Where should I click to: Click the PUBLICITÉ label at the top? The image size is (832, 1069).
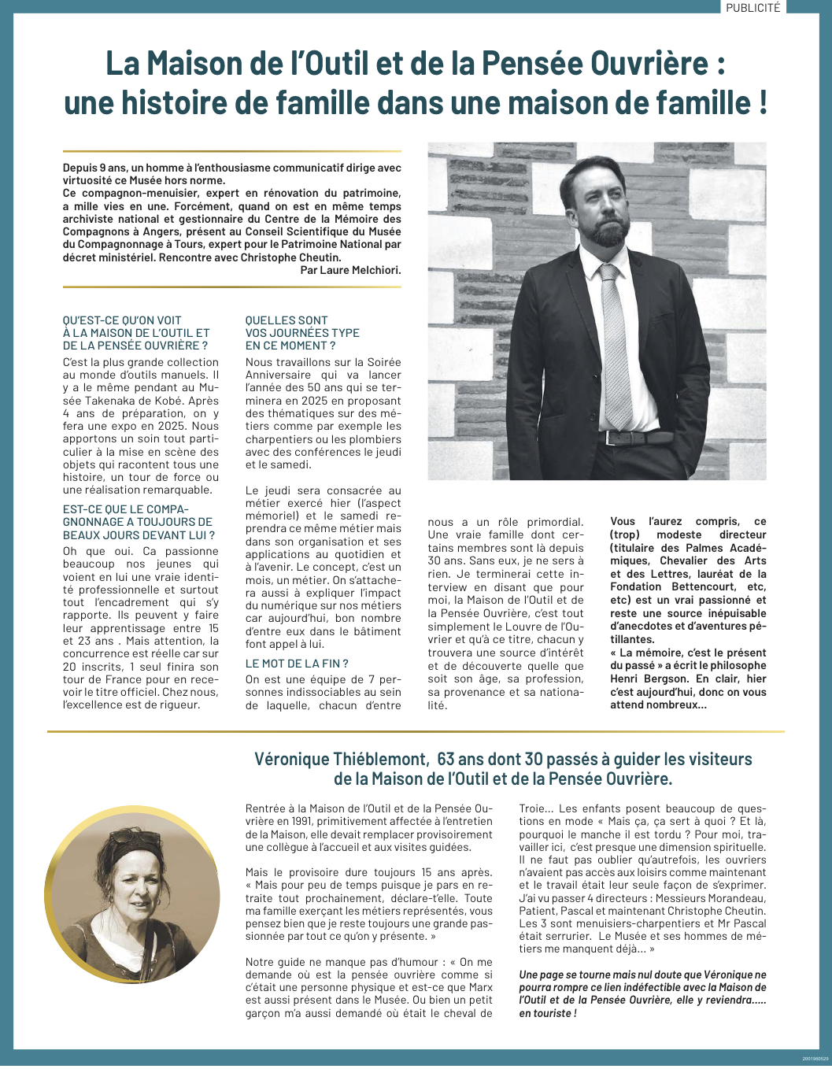coord(752,7)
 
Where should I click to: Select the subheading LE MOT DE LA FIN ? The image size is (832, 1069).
coord(297,664)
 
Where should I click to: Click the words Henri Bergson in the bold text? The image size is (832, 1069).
coord(647,679)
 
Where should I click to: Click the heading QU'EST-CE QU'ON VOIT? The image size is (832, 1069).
coord(122,320)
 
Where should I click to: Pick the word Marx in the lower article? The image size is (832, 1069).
coord(479,987)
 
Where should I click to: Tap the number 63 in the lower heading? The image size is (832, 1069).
coord(446,760)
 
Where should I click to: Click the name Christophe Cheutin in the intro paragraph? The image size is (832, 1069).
coord(291,257)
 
